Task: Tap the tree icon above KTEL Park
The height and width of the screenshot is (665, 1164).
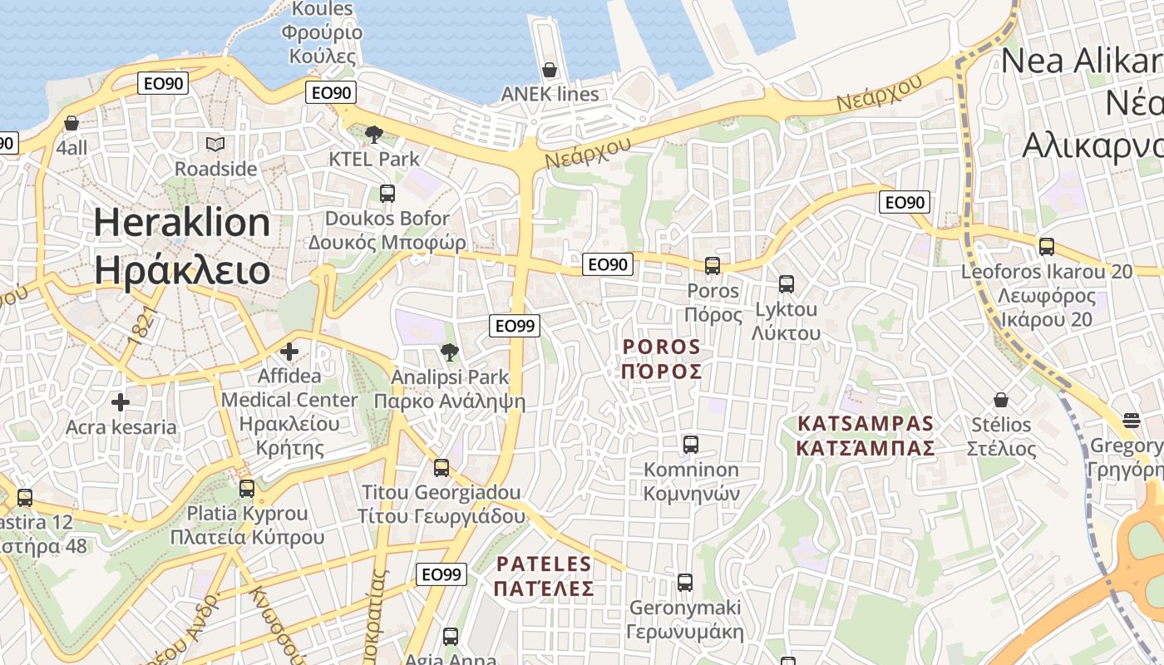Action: (x=374, y=134)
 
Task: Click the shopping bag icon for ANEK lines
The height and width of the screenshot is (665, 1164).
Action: (x=549, y=70)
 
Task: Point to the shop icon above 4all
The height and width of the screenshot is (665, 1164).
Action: (x=72, y=123)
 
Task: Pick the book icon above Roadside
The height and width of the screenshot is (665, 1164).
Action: (x=215, y=145)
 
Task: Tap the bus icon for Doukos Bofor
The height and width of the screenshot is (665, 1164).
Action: (x=387, y=194)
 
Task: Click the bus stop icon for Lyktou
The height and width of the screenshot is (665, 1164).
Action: (x=787, y=284)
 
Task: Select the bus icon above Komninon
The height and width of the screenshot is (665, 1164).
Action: (x=691, y=445)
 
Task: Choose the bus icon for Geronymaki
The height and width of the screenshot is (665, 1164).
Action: (x=685, y=583)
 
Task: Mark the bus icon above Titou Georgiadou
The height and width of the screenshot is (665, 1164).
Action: (x=441, y=468)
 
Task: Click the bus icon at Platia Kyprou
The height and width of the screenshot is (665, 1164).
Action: (x=247, y=489)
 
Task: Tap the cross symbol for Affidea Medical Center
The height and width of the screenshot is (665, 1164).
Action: (x=289, y=352)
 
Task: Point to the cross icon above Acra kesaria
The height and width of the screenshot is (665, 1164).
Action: (x=121, y=403)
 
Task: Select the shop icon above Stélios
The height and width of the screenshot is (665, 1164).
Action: (x=1001, y=400)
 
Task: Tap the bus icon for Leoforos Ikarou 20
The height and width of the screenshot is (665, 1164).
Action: (x=1047, y=247)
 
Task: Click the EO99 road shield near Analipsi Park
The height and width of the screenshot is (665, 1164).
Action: (x=515, y=326)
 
